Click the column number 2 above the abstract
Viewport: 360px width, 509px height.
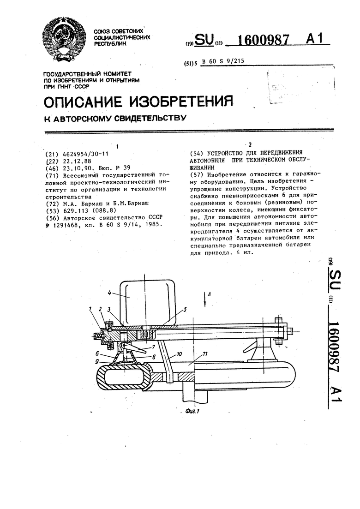pos(250,144)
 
